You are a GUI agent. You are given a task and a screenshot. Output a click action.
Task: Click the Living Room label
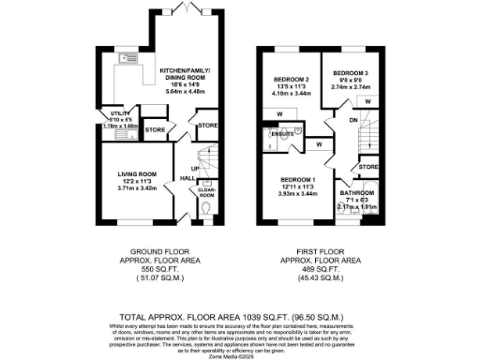point(136,173)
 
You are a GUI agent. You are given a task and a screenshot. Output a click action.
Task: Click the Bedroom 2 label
point(291,80)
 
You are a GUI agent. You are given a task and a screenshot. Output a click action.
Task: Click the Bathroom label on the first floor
point(359,191)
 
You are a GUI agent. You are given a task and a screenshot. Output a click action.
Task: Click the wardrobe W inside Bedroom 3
point(367,100)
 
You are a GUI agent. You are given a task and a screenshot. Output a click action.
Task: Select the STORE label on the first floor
point(367,167)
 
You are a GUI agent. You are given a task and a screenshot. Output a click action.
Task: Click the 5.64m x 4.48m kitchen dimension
point(185,92)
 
